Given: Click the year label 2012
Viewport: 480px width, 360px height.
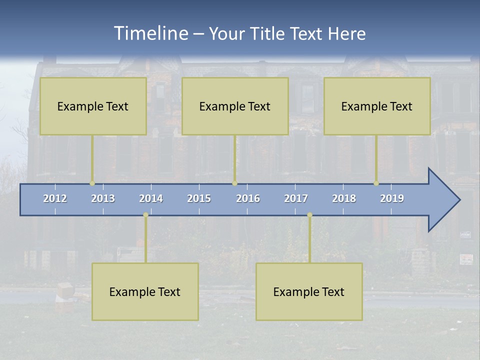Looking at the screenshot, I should (x=55, y=198).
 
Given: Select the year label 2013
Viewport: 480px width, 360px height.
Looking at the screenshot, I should (x=103, y=198).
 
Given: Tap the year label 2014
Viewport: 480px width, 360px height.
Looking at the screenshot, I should (x=151, y=198).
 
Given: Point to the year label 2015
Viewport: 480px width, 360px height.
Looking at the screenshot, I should (x=199, y=198).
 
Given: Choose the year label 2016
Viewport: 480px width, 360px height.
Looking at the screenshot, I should (x=248, y=198).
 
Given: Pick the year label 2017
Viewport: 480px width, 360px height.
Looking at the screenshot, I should (x=296, y=198).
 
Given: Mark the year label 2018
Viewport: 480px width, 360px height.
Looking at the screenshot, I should (x=344, y=198).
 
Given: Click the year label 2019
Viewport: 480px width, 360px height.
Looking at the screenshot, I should (x=392, y=198).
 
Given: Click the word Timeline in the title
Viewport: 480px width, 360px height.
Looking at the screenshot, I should (x=150, y=33).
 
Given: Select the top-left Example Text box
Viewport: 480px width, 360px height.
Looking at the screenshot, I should (x=93, y=106).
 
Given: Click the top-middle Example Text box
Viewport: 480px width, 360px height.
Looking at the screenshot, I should (x=235, y=106).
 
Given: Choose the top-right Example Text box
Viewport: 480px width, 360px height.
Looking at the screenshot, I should (x=377, y=106).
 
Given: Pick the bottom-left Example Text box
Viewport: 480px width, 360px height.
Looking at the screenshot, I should (x=145, y=292).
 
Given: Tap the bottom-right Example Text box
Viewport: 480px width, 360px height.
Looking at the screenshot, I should (x=309, y=292).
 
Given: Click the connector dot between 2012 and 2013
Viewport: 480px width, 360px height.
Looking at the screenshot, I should (x=92, y=183).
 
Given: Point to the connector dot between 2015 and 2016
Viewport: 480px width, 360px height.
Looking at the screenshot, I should (x=234, y=183).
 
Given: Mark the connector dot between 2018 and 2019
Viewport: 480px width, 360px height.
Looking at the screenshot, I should (x=376, y=183).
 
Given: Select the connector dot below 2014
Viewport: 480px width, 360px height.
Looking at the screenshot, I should (x=145, y=215).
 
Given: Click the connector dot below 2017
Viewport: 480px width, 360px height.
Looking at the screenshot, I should (x=309, y=215).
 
